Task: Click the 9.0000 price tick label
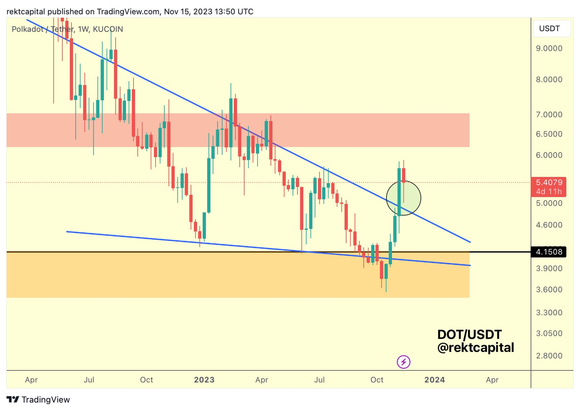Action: point(549,48)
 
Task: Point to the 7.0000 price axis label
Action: point(549,115)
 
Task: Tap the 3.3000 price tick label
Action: point(549,312)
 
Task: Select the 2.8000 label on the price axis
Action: point(549,356)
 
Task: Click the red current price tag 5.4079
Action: point(549,182)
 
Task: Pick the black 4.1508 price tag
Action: point(549,252)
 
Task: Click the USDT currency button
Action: point(551,29)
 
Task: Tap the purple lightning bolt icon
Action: point(403,362)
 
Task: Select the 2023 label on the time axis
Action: point(204,380)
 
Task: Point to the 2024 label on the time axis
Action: point(434,380)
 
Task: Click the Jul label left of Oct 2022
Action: point(89,380)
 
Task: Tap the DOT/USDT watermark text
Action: point(469,335)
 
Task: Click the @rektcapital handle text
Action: point(475,348)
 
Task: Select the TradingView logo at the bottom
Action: point(38,399)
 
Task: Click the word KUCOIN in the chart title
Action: point(108,29)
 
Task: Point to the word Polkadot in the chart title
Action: point(27,29)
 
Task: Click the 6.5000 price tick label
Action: point(549,134)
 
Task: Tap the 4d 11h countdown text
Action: point(549,192)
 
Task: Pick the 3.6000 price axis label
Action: point(549,289)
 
